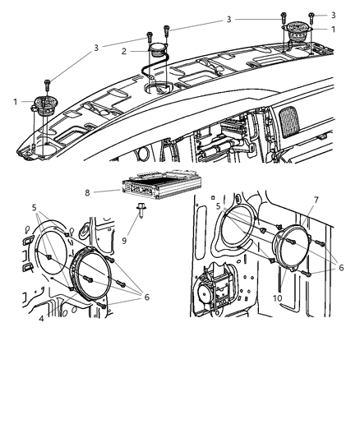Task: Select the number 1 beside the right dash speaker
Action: pos(333,29)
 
